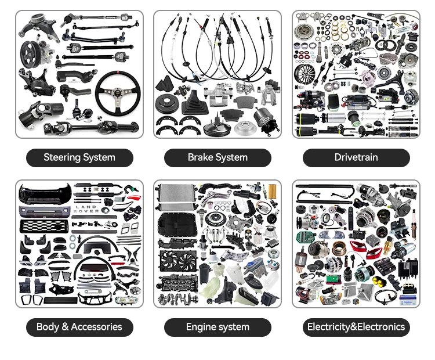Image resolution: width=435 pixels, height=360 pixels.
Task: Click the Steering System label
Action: coord(79,157)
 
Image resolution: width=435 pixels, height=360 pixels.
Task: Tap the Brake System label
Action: coord(217,157)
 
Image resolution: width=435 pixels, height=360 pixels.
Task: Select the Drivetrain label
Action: coord(356,157)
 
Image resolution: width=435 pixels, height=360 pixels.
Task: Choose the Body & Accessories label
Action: coord(79,327)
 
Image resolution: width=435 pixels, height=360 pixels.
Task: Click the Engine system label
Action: coord(217,327)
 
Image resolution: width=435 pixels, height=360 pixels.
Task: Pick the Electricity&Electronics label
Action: coord(356,327)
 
